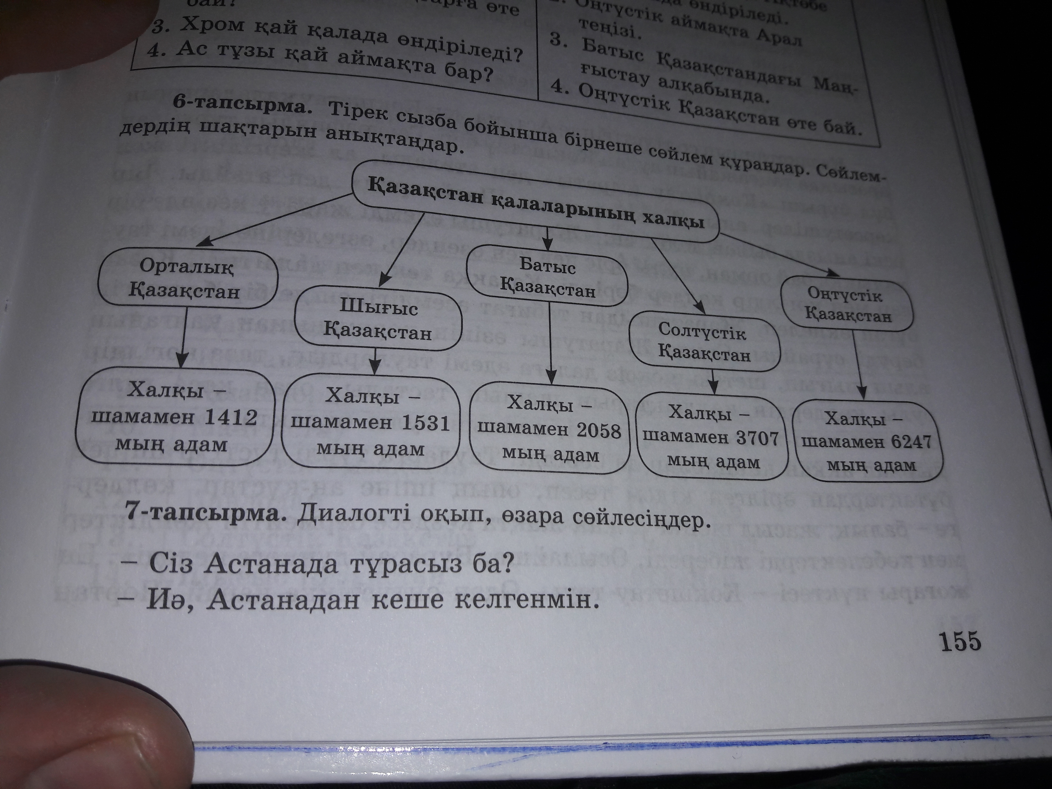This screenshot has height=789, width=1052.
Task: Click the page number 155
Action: (959, 641)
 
